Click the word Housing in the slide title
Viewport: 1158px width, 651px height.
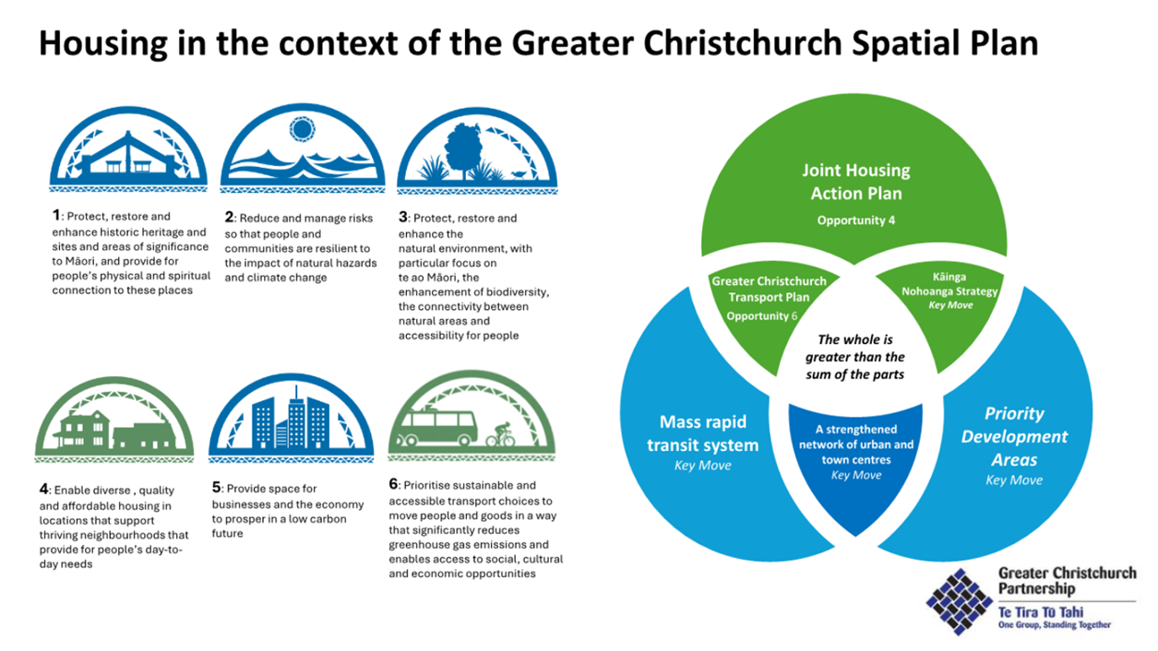pyautogui.click(x=103, y=43)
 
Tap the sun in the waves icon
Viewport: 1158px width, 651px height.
pyautogui.click(x=302, y=129)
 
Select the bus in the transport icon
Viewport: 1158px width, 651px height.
pyautogui.click(x=436, y=427)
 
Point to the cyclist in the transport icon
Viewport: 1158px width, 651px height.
pyautogui.click(x=500, y=435)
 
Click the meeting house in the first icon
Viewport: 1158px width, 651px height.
pyautogui.click(x=129, y=157)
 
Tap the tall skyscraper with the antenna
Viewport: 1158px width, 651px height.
pyautogui.click(x=296, y=418)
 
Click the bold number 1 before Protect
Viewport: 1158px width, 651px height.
pyautogui.click(x=56, y=215)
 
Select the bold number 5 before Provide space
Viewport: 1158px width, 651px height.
pyautogui.click(x=216, y=487)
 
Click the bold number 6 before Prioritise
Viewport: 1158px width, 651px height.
pyautogui.click(x=393, y=484)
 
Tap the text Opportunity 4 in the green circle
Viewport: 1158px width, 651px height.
pyautogui.click(x=856, y=220)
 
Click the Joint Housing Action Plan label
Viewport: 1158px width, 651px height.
pyautogui.click(x=856, y=182)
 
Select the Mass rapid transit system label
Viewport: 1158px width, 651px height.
pyautogui.click(x=702, y=433)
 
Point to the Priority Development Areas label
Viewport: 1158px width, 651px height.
pyautogui.click(x=1014, y=436)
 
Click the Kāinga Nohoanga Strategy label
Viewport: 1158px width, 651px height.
pyautogui.click(x=949, y=284)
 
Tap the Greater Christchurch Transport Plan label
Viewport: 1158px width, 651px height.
pyautogui.click(x=769, y=290)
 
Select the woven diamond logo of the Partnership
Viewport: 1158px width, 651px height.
pyautogui.click(x=960, y=601)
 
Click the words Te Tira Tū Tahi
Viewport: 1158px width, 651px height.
pyautogui.click(x=1040, y=613)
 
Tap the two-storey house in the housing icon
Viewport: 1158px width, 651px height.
pyautogui.click(x=84, y=429)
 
